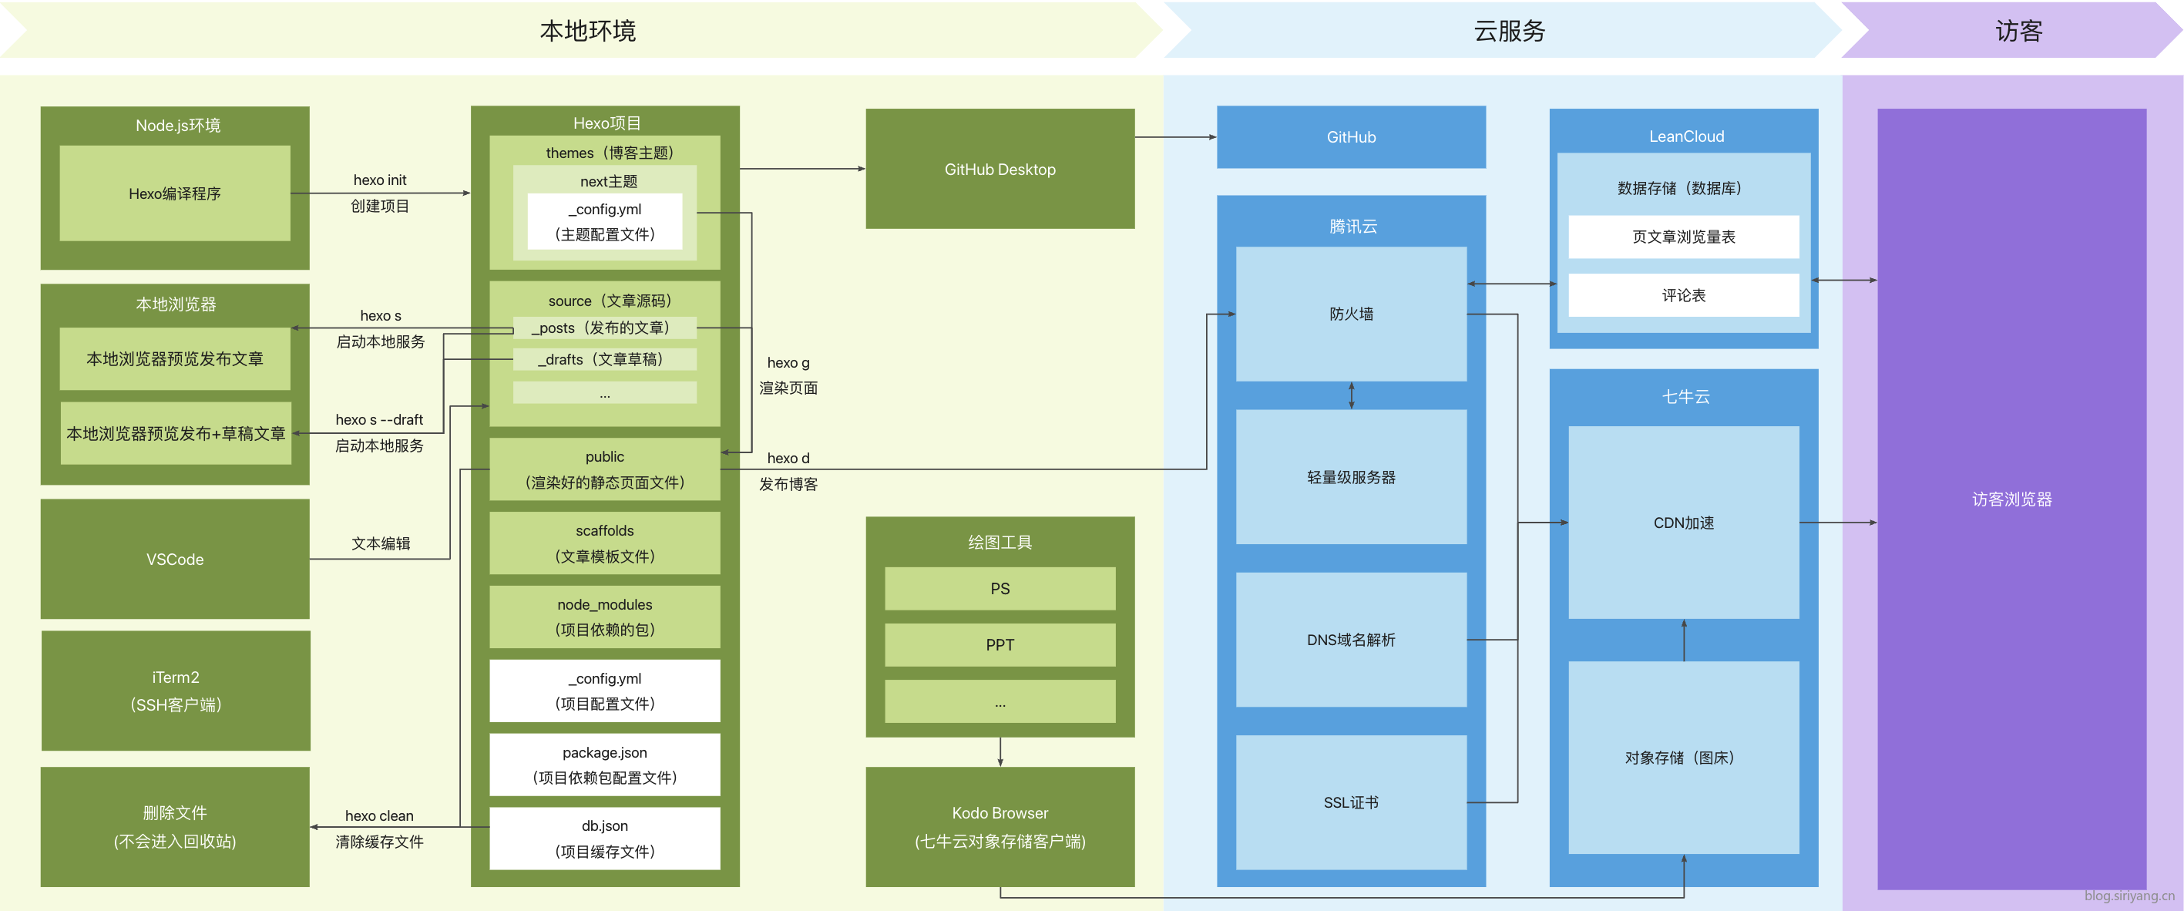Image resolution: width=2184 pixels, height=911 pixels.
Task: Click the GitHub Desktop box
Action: point(1000,169)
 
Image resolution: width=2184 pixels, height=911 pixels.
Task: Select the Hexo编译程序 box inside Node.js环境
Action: point(175,193)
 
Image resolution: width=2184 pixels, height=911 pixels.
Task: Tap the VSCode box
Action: point(175,559)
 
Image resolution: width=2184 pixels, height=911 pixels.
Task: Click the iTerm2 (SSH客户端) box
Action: point(176,691)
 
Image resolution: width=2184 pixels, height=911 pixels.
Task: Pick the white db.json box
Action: point(604,838)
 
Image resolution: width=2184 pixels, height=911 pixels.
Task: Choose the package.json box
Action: point(604,765)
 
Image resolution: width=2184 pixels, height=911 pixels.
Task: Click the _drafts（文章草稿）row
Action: point(604,360)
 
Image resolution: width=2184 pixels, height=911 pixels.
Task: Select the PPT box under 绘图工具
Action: point(1000,644)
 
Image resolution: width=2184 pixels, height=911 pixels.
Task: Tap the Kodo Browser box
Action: point(1000,826)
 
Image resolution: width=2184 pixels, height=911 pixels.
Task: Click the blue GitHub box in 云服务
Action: point(1351,136)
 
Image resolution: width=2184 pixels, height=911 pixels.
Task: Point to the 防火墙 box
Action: point(1351,314)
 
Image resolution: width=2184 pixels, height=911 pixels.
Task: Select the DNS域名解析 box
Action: point(1351,640)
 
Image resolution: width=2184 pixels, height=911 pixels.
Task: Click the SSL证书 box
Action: point(1351,802)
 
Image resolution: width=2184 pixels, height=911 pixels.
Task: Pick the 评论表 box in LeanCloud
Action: point(1683,295)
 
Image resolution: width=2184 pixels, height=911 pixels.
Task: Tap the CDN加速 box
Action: point(1683,523)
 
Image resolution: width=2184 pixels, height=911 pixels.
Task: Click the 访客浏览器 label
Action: point(2011,499)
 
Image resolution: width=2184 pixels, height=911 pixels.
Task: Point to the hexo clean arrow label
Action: point(379,816)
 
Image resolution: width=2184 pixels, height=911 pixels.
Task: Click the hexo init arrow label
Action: point(379,180)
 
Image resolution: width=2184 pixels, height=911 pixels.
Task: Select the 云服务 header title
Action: point(1509,31)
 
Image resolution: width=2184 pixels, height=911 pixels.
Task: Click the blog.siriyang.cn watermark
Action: point(2129,896)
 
